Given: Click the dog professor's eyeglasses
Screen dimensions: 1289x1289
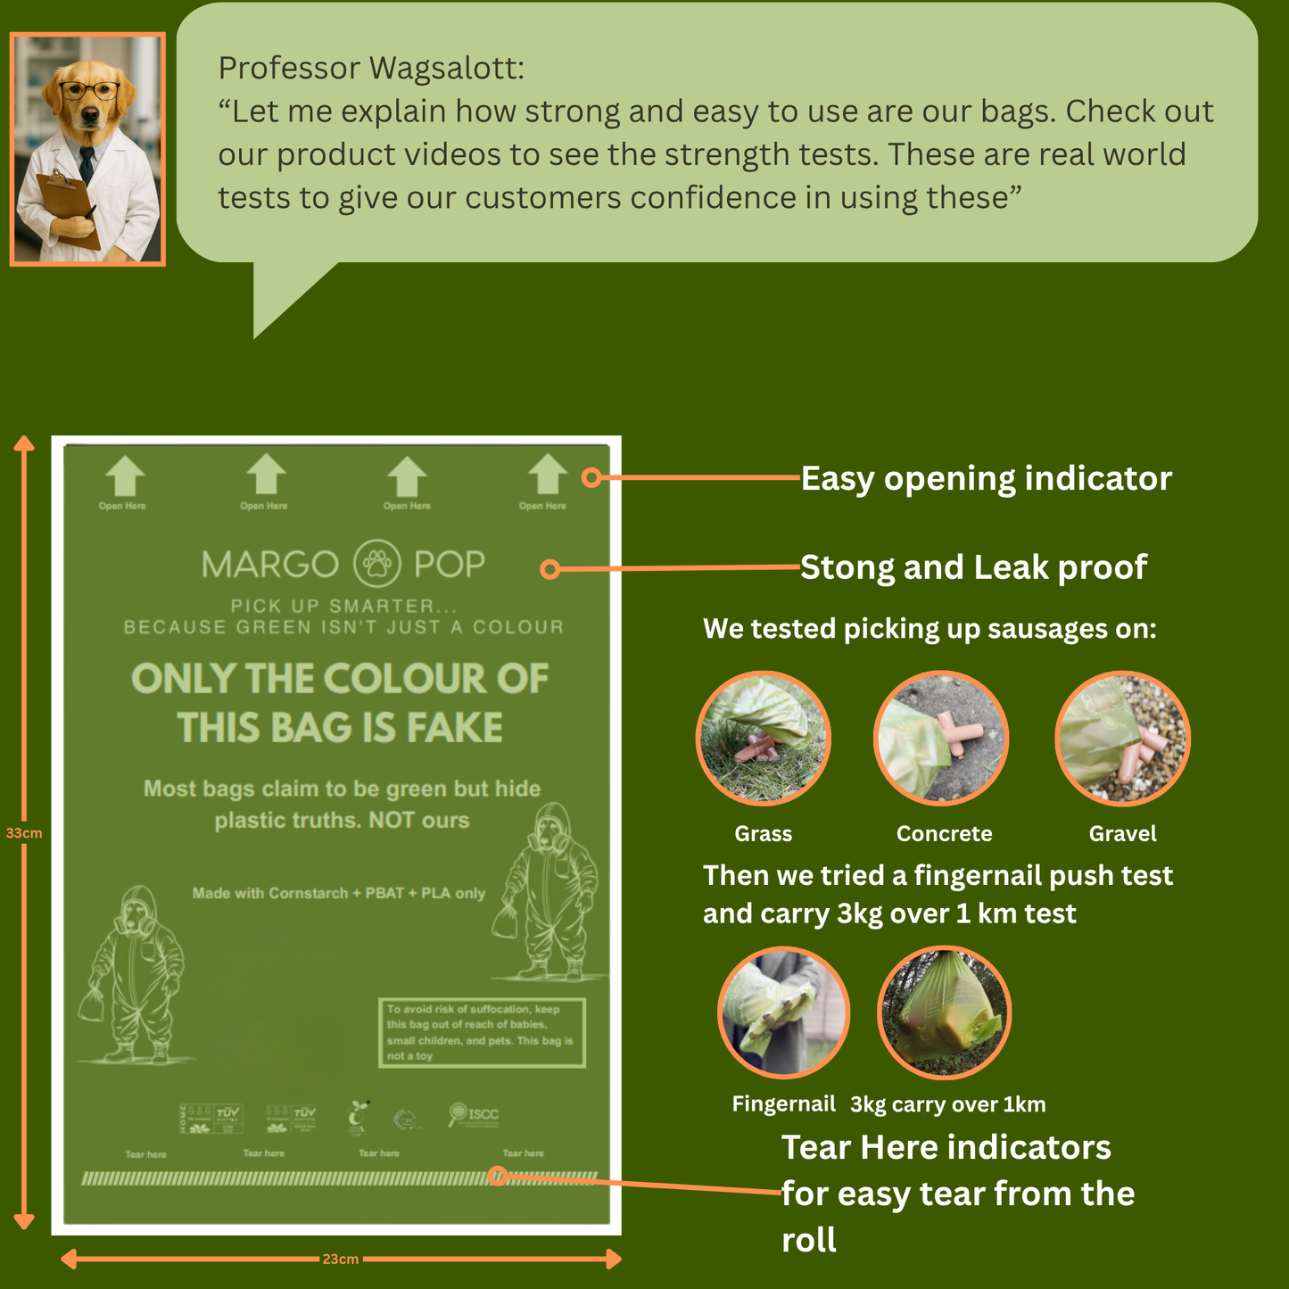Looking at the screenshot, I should click(88, 90).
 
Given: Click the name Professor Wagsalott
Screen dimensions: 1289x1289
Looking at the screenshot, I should click(371, 68).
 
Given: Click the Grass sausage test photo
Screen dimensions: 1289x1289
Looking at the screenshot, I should click(763, 739).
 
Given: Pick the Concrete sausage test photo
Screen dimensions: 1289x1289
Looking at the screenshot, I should click(941, 739).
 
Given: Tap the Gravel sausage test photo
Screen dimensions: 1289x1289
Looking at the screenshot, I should click(1122, 739).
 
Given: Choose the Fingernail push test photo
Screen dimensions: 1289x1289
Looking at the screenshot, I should click(783, 1012).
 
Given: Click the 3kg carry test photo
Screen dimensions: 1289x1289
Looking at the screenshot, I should click(945, 1012).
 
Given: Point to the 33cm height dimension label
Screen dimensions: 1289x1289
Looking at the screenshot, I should click(24, 833).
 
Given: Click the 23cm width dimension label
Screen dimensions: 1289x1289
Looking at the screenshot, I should click(340, 1260).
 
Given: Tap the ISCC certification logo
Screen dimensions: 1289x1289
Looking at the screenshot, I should click(474, 1114).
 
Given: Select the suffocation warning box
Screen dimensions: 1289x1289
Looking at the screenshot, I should click(482, 1033).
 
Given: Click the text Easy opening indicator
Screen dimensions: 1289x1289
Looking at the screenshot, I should click(986, 479).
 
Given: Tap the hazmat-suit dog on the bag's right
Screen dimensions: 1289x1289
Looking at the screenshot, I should click(546, 892).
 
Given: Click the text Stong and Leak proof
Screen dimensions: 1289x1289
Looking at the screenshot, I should click(973, 567).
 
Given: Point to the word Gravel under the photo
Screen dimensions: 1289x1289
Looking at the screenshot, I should click(1122, 834).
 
